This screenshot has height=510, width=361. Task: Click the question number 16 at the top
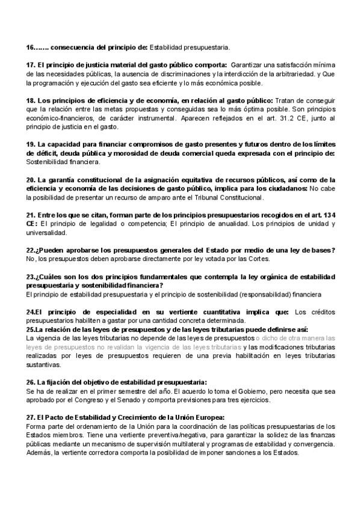coord(31,46)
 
